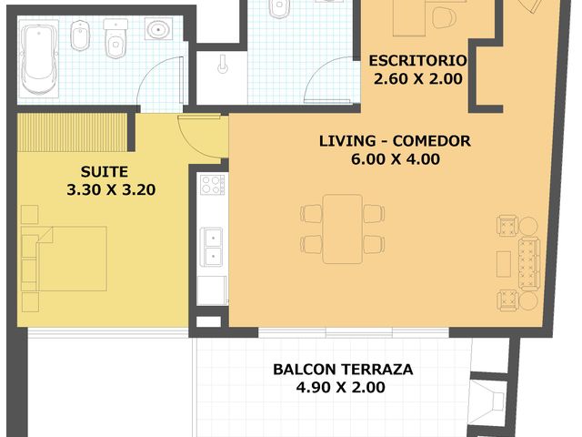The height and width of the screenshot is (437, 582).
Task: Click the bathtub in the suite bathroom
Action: point(39,60)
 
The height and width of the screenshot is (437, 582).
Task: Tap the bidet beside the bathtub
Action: point(78,38)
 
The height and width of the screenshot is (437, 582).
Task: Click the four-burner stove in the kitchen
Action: point(212,185)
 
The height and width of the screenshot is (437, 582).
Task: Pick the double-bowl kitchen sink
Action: point(212,246)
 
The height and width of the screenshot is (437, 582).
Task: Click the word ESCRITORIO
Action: point(417,61)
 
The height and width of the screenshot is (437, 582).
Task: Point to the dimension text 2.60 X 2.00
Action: point(418,78)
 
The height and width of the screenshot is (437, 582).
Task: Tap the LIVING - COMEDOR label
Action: point(394,141)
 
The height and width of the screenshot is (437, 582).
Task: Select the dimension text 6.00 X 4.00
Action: point(395,159)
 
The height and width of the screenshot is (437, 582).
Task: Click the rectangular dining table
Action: point(342,228)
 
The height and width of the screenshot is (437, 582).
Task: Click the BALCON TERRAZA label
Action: point(343,370)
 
